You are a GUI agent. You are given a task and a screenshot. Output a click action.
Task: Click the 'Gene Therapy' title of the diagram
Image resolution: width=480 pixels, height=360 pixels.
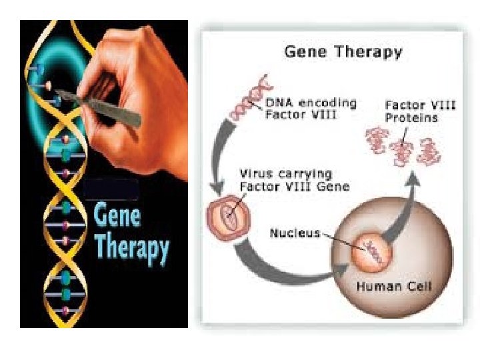pyautogui.click(x=343, y=52)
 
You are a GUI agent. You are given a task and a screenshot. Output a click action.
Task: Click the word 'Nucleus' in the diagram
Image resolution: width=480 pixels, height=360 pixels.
pyautogui.click(x=295, y=233)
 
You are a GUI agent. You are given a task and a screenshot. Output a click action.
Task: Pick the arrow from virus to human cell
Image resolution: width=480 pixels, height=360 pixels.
pyautogui.click(x=287, y=267)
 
